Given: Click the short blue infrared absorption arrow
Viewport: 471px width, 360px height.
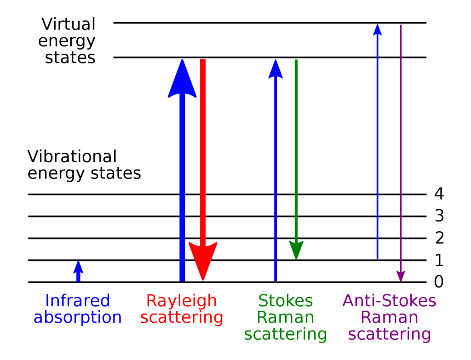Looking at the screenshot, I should (78, 271).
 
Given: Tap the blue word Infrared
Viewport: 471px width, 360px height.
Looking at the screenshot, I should (78, 301).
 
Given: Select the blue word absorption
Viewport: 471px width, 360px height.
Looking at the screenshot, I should (78, 318).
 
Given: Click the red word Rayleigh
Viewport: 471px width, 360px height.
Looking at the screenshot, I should (181, 301).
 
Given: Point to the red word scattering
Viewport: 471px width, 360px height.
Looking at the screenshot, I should (181, 318).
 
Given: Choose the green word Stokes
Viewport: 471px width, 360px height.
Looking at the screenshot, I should (285, 301).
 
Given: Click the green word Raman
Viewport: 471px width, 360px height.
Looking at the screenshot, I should (285, 318).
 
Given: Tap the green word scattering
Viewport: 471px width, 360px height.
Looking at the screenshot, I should (285, 334).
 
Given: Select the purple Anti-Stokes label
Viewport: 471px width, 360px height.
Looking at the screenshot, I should (389, 301).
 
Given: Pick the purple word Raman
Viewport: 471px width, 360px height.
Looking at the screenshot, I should (389, 318).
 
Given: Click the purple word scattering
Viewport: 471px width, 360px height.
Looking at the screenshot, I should (389, 334).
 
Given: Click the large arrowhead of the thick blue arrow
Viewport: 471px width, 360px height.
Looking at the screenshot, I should (182, 80).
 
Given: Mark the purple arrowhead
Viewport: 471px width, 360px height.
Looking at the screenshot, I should (401, 275).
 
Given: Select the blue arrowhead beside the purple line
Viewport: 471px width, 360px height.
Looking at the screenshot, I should (377, 30).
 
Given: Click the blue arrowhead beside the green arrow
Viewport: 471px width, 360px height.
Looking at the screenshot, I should (276, 69).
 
